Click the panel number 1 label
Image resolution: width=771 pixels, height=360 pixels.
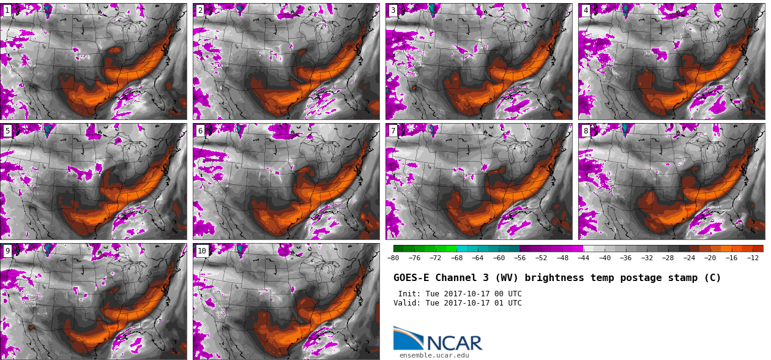7,10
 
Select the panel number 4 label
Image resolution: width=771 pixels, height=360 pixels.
586,10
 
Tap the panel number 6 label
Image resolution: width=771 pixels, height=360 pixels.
200,130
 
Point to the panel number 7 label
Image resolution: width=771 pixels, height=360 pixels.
393,130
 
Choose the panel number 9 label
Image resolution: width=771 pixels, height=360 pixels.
7,251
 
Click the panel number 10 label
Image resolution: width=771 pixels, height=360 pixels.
202,251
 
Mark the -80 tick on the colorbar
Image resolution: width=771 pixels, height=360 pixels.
393,258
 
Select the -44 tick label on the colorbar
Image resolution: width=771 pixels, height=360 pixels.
583,258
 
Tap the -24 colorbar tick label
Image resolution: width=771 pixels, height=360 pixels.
689,258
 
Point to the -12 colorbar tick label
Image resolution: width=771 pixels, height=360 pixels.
753,258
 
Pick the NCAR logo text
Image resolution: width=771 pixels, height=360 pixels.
455,343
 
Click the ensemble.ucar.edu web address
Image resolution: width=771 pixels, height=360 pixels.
434,355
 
